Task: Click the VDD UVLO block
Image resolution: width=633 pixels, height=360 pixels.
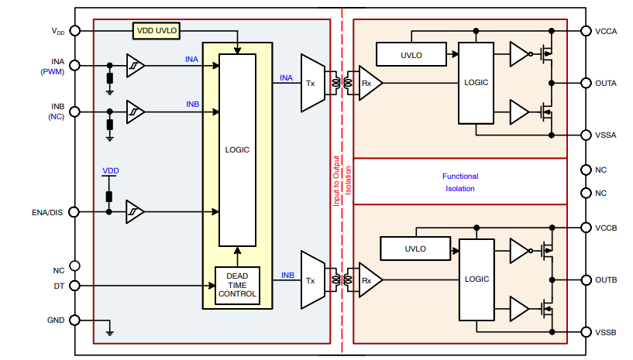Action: tap(157, 31)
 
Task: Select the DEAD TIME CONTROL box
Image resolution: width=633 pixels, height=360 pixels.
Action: tap(236, 286)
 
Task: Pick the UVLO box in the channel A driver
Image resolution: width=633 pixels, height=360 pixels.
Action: tap(411, 54)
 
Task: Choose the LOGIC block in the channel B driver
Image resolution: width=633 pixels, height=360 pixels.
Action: tap(476, 279)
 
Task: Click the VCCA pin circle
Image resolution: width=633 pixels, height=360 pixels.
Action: tap(586, 31)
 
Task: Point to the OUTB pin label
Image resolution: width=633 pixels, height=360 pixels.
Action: tap(607, 279)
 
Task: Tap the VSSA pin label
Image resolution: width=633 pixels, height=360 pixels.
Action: tap(607, 135)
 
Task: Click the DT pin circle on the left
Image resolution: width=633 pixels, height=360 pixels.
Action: tap(74, 286)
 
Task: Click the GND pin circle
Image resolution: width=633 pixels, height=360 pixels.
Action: tap(74, 320)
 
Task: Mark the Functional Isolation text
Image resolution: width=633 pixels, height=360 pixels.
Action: tap(460, 183)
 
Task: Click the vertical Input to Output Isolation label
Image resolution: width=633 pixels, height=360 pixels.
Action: tap(342, 180)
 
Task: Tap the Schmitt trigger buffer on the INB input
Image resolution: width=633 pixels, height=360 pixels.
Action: tap(136, 112)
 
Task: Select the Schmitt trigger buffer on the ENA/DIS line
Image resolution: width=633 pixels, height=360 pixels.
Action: tap(136, 211)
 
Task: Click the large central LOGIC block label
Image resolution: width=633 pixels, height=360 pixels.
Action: tap(237, 149)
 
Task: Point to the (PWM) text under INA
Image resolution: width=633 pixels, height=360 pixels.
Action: tap(53, 71)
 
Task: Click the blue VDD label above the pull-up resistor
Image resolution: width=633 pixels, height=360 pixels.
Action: tap(111, 170)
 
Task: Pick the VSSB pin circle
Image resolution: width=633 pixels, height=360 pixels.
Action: tap(586, 332)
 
